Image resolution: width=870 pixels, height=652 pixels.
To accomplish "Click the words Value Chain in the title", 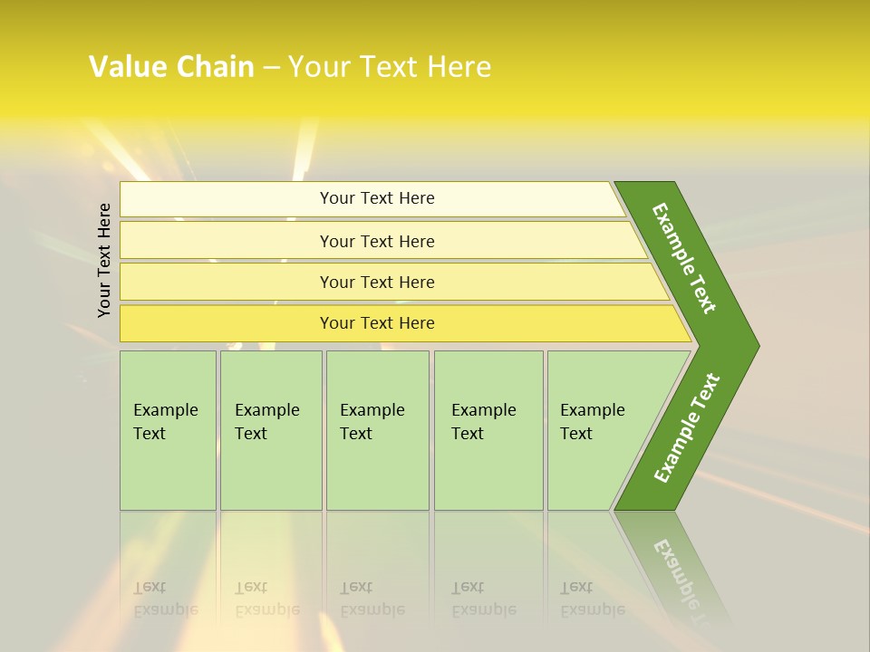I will click(171, 67).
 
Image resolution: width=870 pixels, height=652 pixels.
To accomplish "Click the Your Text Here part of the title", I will click(390, 67).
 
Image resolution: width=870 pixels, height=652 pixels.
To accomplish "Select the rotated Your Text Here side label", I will click(105, 260).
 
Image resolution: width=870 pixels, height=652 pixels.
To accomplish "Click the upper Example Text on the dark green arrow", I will click(684, 258).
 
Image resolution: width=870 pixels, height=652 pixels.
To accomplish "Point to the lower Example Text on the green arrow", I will click(687, 428).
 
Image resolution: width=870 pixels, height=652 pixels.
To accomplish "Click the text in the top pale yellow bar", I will click(377, 198).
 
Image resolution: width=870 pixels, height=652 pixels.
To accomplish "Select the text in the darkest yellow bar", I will click(377, 323).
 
